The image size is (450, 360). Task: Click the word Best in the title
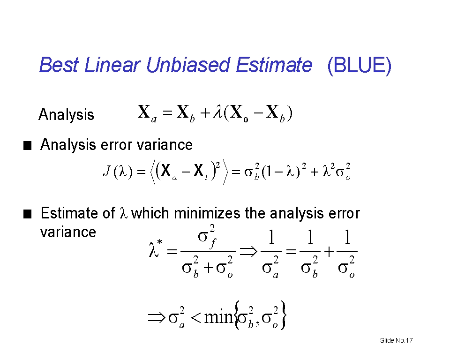pos(59,65)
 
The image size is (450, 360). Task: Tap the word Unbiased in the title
pos(188,65)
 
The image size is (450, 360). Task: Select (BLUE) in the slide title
pos(360,66)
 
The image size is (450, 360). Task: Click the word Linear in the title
pos(112,65)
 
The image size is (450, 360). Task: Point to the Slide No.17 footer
pos(397,340)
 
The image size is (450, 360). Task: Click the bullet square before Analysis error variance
pos(27,146)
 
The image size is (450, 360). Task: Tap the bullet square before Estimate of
pos(27,214)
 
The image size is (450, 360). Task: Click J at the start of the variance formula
pos(107,171)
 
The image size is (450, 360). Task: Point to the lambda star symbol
pos(156,249)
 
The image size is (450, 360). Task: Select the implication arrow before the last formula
pos(157,318)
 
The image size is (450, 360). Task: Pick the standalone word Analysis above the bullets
pos(66,115)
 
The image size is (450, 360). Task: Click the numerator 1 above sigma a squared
pos(271,238)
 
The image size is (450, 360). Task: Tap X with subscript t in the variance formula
pos(201,171)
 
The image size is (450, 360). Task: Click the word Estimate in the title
pos(274,65)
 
